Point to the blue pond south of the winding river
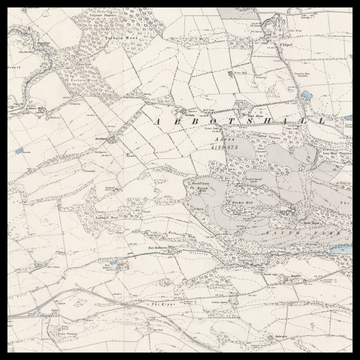[x=21, y=151]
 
